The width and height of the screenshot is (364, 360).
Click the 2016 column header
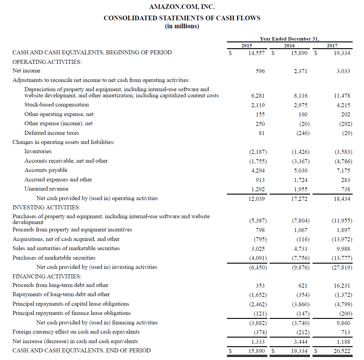pyautogui.click(x=289, y=45)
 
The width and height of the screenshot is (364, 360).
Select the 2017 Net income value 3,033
pyautogui.click(x=343, y=71)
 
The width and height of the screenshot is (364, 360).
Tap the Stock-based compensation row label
pyautogui.click(x=56, y=105)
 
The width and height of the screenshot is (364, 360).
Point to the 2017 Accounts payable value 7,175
pyautogui.click(x=343, y=171)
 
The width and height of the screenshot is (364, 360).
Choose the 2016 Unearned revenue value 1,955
pyautogui.click(x=301, y=189)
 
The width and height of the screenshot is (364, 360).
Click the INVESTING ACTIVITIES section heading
pyautogui.click(x=46, y=207)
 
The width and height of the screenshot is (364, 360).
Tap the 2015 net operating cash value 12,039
pyautogui.click(x=256, y=199)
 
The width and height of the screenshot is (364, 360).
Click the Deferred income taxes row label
pyautogui.click(x=52, y=133)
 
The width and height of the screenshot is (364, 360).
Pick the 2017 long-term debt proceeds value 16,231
pyautogui.click(x=342, y=286)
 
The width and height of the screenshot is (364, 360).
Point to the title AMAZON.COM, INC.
pyautogui.click(x=182, y=7)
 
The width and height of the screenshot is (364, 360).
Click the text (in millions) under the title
pyautogui.click(x=182, y=26)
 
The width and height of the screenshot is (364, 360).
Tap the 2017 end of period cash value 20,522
pyautogui.click(x=342, y=351)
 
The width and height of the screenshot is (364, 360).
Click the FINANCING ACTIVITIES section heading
pyautogui.click(x=47, y=277)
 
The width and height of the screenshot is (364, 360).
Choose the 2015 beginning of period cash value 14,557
pyautogui.click(x=256, y=53)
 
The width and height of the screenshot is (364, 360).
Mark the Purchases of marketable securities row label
pyautogui.click(x=54, y=258)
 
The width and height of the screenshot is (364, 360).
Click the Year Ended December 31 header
pyautogui.click(x=289, y=39)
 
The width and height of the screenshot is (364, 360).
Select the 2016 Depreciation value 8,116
pyautogui.click(x=301, y=96)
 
